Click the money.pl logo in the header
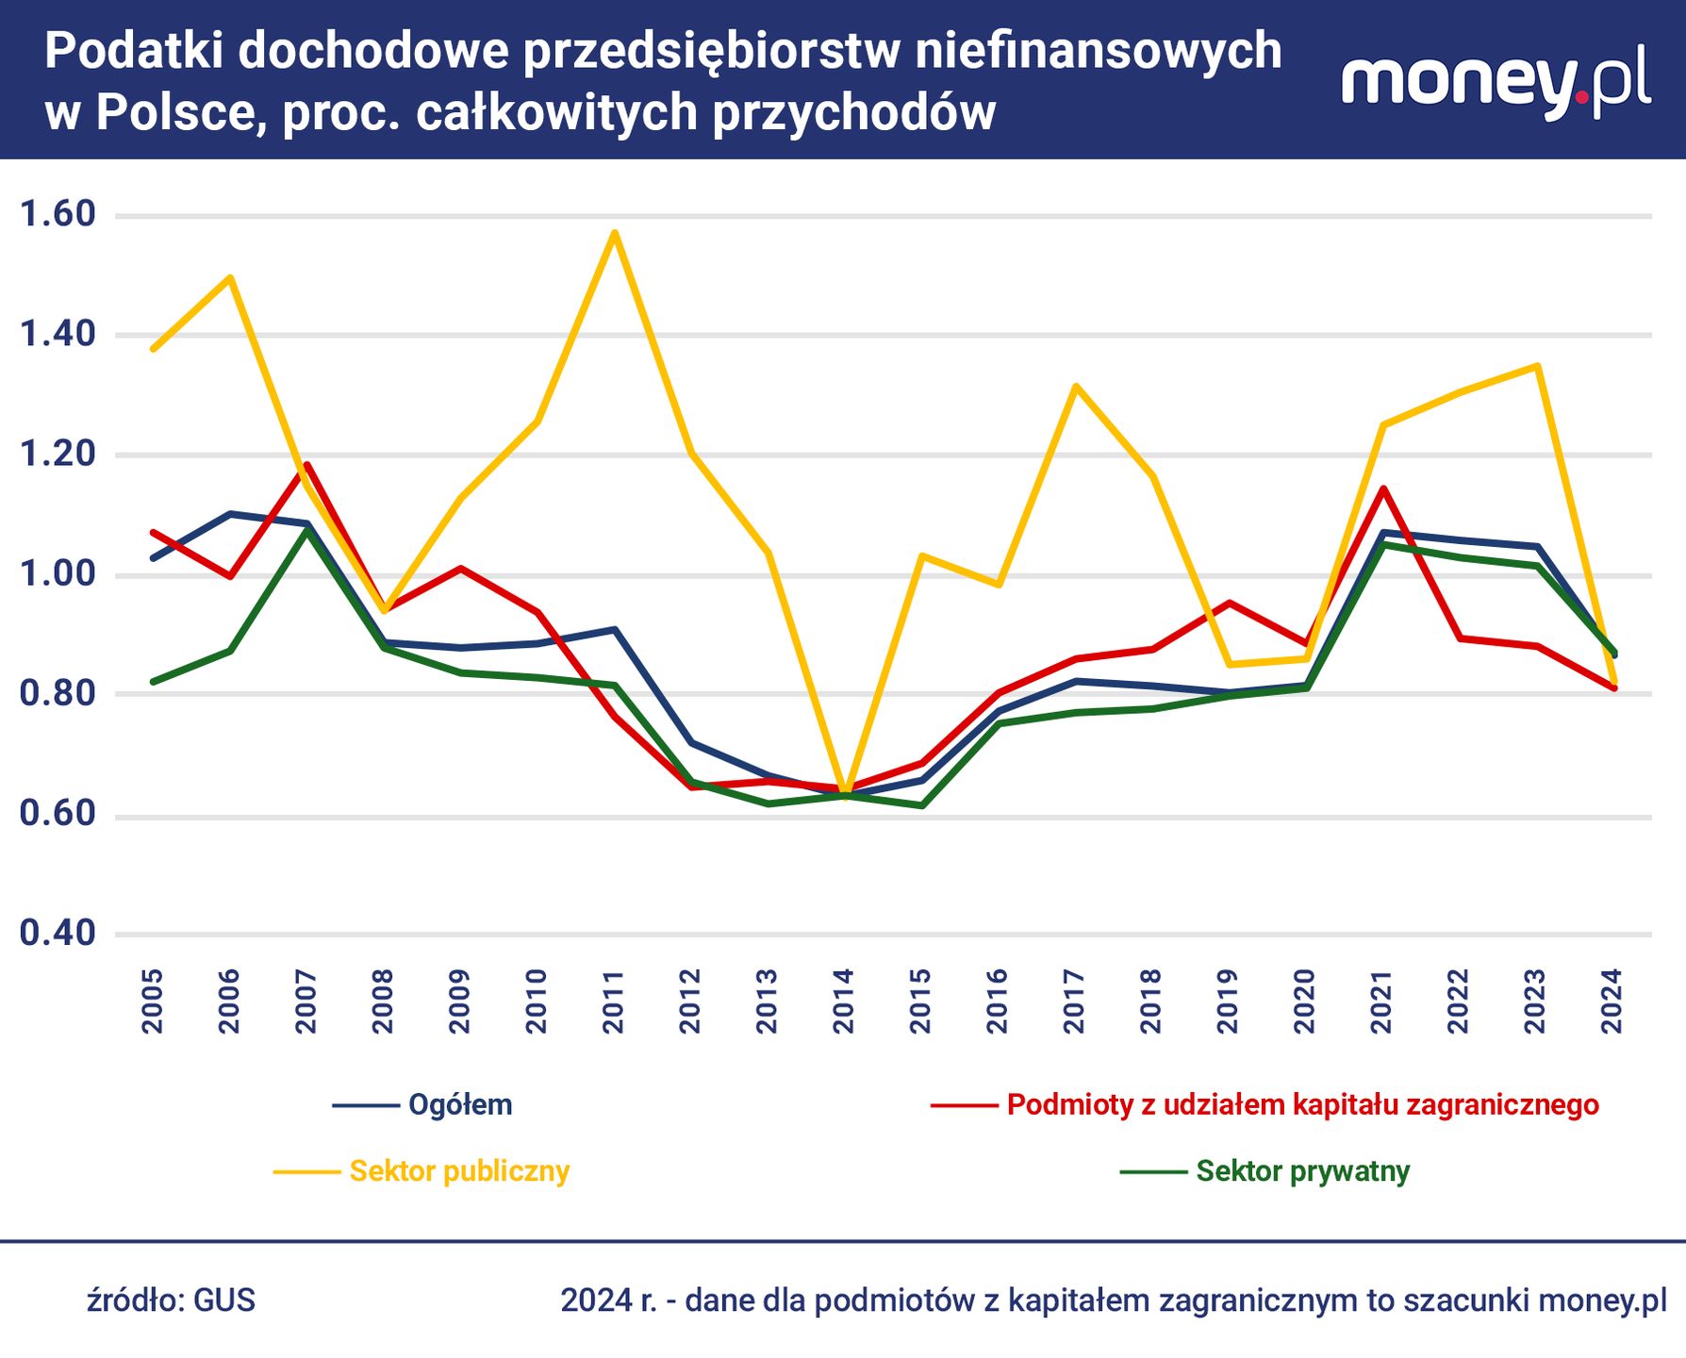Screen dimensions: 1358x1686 [x=1496, y=83]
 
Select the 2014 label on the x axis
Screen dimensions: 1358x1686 [x=844, y=1001]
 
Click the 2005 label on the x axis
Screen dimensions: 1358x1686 [x=153, y=1001]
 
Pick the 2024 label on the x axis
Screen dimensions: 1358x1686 [x=1612, y=1001]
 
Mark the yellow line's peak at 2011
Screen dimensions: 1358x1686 [x=614, y=232]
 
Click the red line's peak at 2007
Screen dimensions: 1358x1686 [x=306, y=464]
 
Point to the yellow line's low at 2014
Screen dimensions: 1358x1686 [x=845, y=790]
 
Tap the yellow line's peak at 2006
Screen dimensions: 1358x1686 [x=230, y=277]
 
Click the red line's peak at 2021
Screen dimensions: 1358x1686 [x=1382, y=489]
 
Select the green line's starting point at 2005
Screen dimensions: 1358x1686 [x=154, y=681]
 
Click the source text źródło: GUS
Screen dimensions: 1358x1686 [x=171, y=1300]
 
